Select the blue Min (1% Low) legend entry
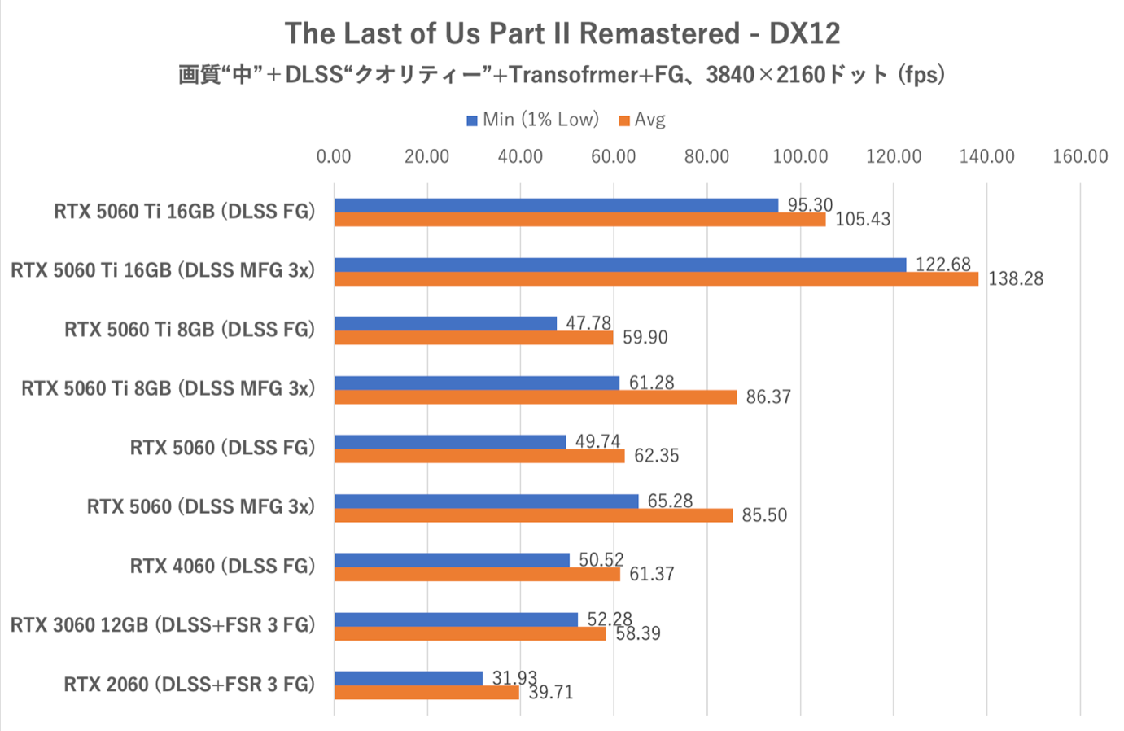pos(532,120)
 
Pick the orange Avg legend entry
pos(642,120)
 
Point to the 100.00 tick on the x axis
pos(800,156)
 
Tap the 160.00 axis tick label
pos(1080,156)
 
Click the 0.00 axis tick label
pos(334,156)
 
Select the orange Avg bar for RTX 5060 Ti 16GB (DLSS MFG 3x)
pos(656,279)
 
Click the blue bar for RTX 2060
pos(409,678)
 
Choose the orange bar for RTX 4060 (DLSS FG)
pos(477,575)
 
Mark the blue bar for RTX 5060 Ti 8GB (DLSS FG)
pos(445,323)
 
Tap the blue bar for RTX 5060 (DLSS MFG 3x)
pos(486,501)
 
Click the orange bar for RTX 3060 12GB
pos(470,633)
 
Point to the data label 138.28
pos(1015,279)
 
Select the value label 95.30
pos(810,205)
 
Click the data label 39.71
pos(551,693)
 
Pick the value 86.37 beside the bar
pos(768,397)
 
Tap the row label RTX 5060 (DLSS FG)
pos(222,448)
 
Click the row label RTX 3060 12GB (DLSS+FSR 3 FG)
pos(163,625)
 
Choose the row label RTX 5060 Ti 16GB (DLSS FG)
pos(184,212)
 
